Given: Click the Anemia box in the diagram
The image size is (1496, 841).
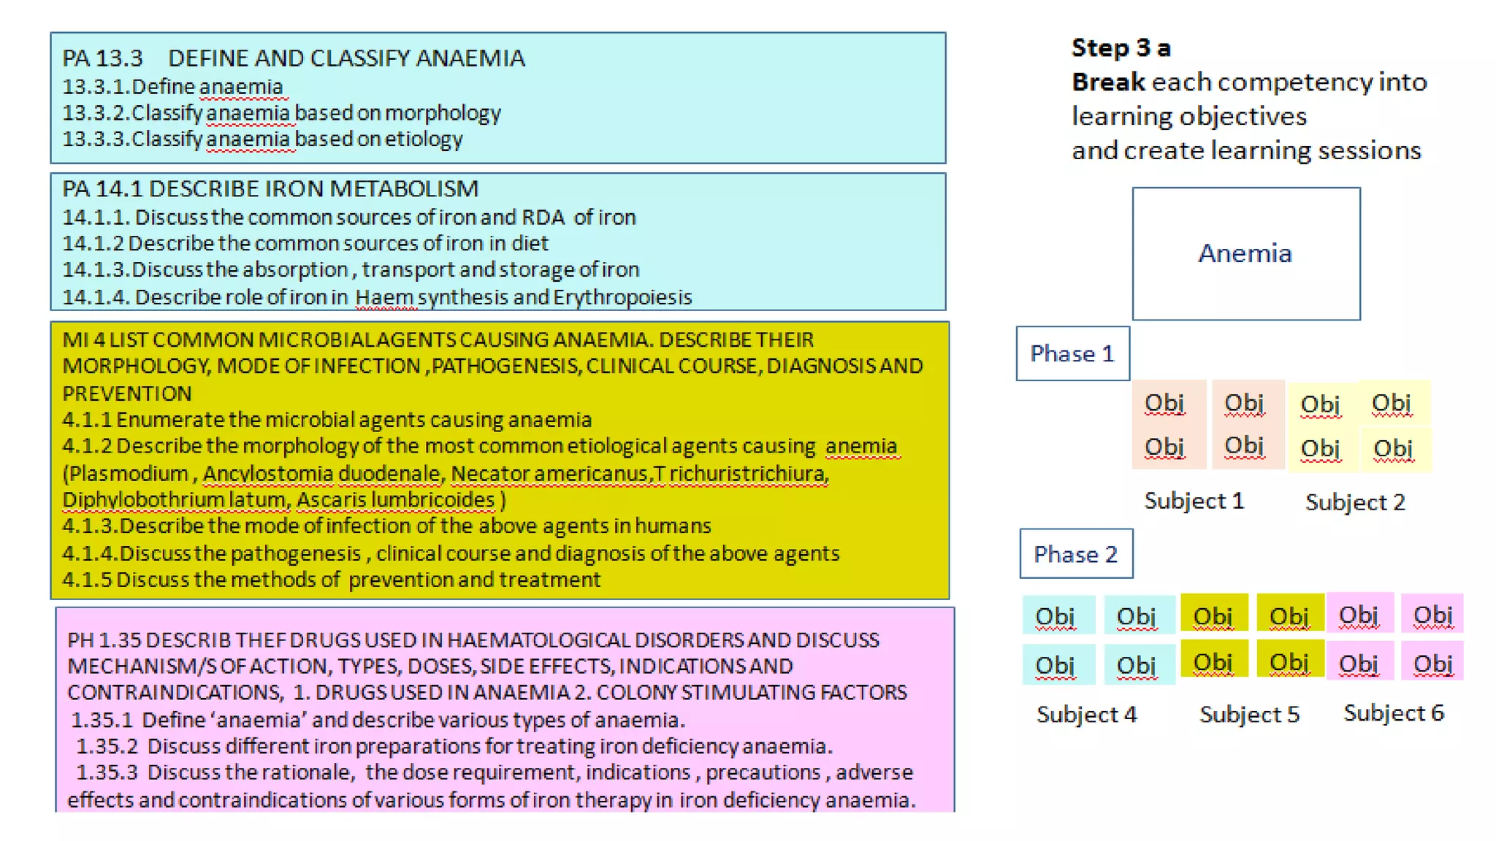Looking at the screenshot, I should pos(1245,253).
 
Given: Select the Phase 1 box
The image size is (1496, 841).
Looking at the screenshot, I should pos(1072,354).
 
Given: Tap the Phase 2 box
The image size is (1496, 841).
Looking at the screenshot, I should pos(1075,554).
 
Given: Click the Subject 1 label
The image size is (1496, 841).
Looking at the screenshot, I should pos(1194,501).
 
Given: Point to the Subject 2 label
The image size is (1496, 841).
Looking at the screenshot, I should pos(1355,502).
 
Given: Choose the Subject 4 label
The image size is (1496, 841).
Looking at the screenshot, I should pos(1086,714).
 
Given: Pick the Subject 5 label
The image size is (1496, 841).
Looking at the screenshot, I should pos(1249,714).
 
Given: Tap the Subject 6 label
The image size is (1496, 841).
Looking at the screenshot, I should pos(1394,713).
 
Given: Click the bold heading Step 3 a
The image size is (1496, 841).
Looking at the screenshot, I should pos(1121,48).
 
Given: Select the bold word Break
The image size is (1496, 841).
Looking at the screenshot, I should pos(1107,82).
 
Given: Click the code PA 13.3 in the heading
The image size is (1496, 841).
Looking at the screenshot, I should pos(102,58).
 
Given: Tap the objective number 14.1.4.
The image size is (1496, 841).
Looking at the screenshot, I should pos(96,297).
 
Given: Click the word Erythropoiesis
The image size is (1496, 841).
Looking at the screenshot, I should pos(622,297).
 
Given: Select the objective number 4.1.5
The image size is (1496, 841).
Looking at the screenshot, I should pos(87,580).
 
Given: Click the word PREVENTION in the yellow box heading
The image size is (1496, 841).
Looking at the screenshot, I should pos(126,393).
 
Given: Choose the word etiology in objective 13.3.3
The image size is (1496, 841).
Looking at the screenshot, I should pos(424,139).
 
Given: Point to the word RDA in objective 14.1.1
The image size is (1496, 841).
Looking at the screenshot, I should pos(543,218).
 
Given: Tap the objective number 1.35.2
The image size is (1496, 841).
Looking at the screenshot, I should pos(107,746).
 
